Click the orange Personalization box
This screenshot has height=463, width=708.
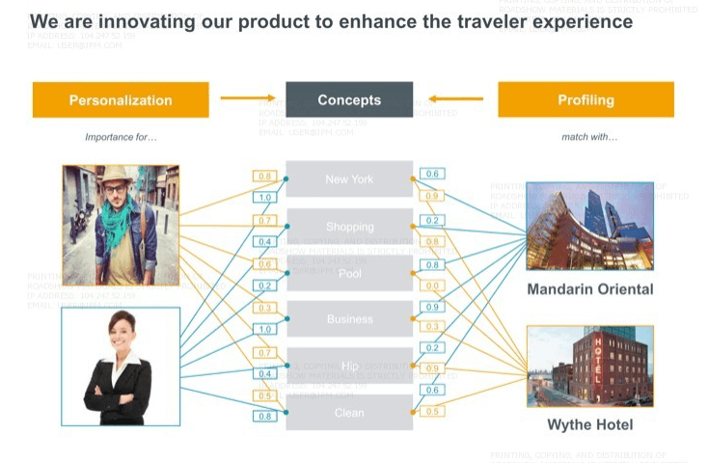tap(121, 99)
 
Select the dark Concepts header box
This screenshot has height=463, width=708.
tap(349, 99)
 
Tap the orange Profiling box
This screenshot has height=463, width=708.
tap(585, 99)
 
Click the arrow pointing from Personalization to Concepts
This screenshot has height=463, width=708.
tap(247, 97)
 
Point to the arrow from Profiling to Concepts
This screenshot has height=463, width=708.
tap(455, 97)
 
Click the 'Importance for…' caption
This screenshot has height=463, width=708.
tap(121, 137)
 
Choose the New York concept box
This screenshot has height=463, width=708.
tap(349, 179)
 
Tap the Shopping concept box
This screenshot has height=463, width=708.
tap(349, 227)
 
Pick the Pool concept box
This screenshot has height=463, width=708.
tap(349, 274)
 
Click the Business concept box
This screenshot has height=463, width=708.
tap(349, 319)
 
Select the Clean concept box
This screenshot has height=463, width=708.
tap(349, 413)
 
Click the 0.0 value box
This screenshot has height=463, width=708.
tap(432, 286)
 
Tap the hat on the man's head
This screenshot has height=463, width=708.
tap(116, 175)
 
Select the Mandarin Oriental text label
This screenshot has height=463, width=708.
tap(589, 289)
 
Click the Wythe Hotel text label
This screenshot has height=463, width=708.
tap(589, 424)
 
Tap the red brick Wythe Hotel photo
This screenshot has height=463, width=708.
tap(589, 368)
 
